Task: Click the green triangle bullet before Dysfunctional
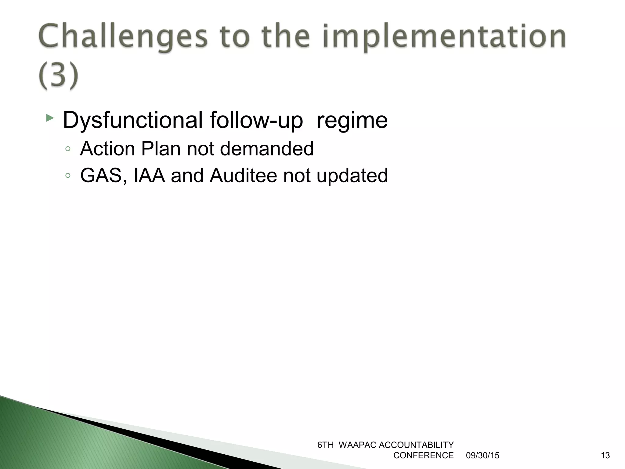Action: tap(50, 118)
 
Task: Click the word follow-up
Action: tap(256, 121)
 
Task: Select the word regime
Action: tap(352, 121)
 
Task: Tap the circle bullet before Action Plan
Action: tap(68, 149)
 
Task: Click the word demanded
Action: tap(266, 149)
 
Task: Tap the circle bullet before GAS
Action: tap(68, 176)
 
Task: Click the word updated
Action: tap(352, 176)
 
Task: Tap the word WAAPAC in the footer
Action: tap(357, 445)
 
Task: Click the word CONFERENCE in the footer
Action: tap(423, 456)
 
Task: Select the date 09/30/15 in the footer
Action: tap(482, 456)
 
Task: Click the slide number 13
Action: tap(605, 456)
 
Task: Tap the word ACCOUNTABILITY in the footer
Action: tap(416, 445)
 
